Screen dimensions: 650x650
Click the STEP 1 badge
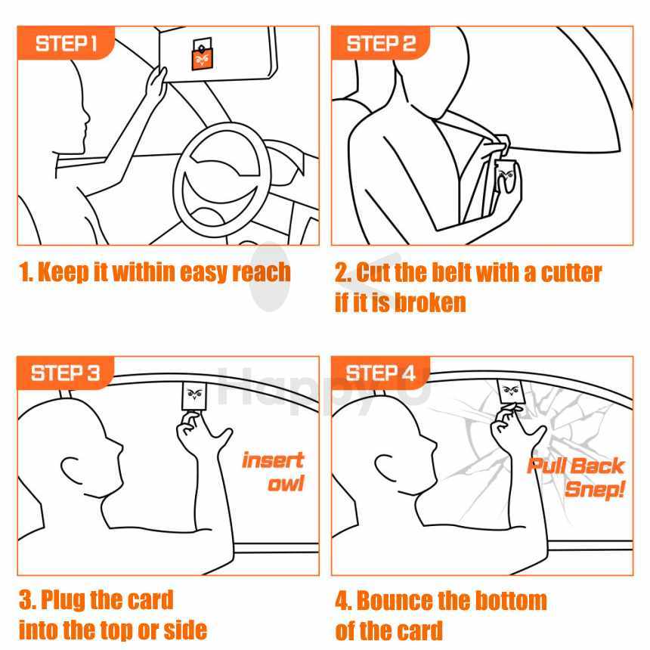click(x=66, y=43)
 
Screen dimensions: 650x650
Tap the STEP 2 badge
click(x=380, y=43)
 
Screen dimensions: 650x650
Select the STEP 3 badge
click(x=66, y=373)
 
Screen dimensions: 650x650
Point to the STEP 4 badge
click(x=380, y=373)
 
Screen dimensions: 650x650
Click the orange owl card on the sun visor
click(x=203, y=54)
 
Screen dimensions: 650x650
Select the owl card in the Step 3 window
click(x=194, y=396)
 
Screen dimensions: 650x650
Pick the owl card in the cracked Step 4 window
click(x=512, y=392)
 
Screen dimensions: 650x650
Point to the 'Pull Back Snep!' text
click(x=576, y=478)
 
